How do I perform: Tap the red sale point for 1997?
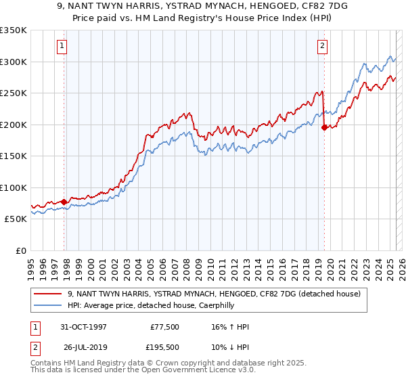pyautogui.click(x=64, y=202)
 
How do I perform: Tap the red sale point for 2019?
pyautogui.click(x=324, y=127)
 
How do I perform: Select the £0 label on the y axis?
pyautogui.click(x=20, y=250)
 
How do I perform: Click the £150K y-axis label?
pyautogui.click(x=14, y=156)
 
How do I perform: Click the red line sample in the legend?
pyautogui.click(x=48, y=294)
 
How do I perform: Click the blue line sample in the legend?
pyautogui.click(x=48, y=305)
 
